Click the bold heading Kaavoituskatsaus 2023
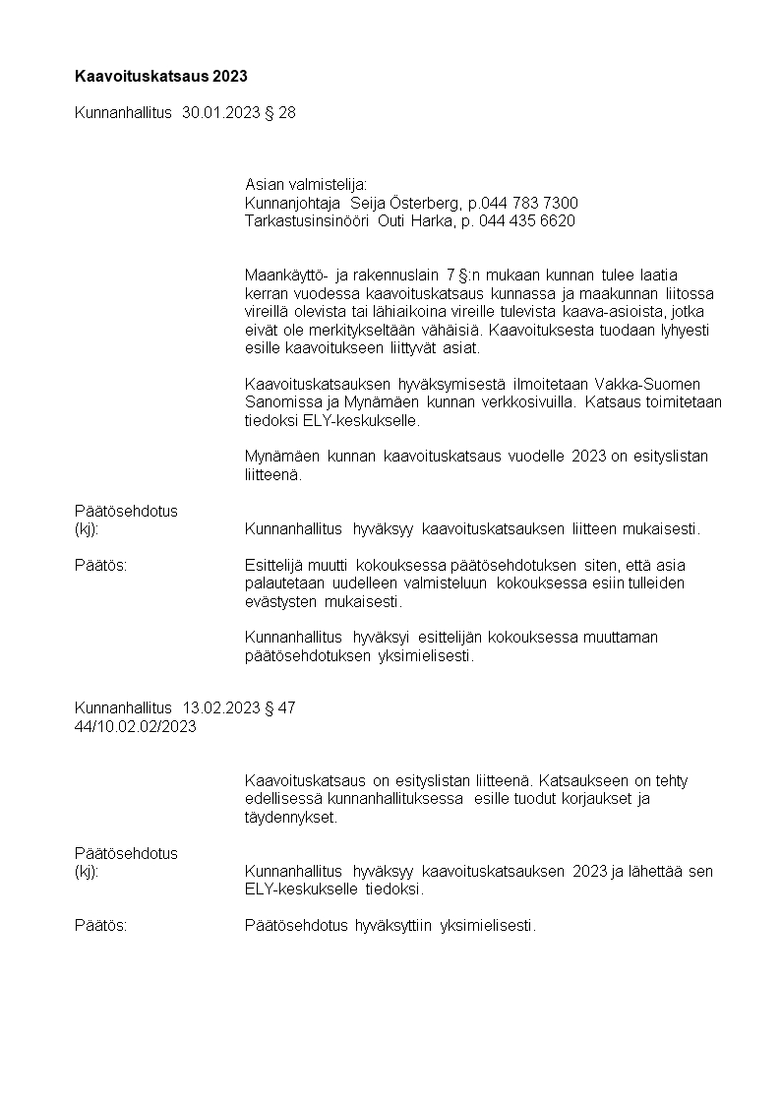[161, 76]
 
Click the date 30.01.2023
[221, 113]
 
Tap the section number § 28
[280, 113]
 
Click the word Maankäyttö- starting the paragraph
[287, 276]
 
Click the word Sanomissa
[278, 401]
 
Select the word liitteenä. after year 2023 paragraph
[274, 474]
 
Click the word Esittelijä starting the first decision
[274, 566]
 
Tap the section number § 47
[280, 707]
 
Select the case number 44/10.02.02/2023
[136, 726]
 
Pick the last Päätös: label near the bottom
[101, 926]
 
